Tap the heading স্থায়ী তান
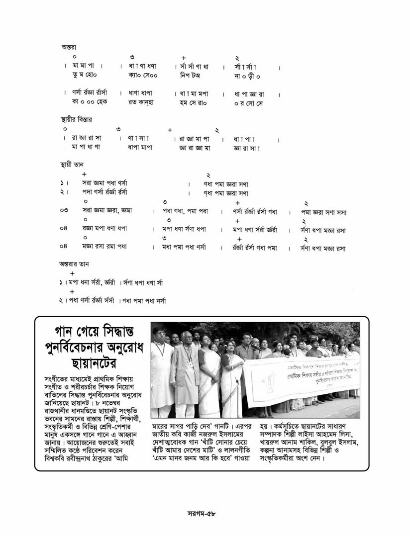[68, 164]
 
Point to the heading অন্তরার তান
[70, 264]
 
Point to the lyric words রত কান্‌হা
[141, 102]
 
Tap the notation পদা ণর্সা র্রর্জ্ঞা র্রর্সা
[104, 192]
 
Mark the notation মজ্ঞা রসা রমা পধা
[104, 248]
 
